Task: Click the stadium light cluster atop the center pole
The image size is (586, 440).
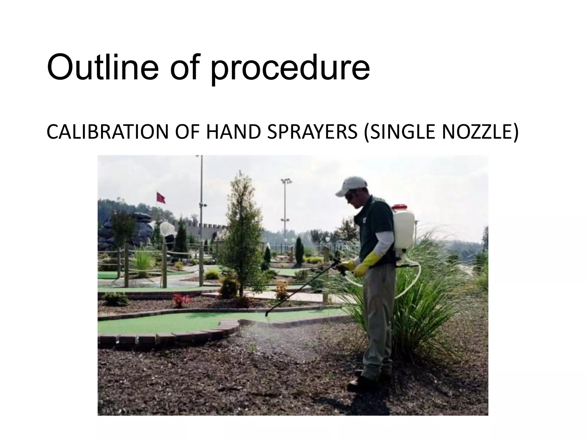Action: tap(286, 181)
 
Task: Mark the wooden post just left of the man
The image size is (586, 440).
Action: tap(326, 275)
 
